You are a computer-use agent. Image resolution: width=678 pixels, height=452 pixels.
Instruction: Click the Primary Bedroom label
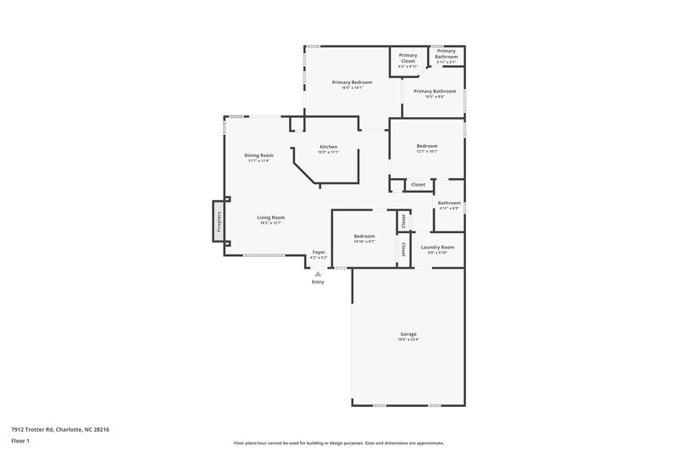[352, 82]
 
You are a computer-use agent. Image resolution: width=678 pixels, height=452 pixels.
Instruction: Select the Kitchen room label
[329, 148]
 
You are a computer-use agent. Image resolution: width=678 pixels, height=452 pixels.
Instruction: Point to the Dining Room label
[258, 155]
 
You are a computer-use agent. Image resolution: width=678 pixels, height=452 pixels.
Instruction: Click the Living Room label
[271, 218]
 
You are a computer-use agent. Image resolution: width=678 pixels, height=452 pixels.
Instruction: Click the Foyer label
[319, 252]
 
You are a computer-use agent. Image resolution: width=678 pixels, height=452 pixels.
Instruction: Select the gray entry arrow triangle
[318, 273]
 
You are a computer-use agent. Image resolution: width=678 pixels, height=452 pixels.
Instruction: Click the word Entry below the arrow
[318, 282]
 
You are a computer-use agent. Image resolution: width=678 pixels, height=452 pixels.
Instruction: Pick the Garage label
[408, 334]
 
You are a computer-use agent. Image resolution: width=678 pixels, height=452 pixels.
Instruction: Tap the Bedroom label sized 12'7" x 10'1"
[427, 147]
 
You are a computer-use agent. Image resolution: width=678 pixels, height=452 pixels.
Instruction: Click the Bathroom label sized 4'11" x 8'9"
[449, 203]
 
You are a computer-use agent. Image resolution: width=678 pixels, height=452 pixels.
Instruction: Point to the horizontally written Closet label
[418, 184]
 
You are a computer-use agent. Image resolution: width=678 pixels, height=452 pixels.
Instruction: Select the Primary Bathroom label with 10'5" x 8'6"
[435, 91]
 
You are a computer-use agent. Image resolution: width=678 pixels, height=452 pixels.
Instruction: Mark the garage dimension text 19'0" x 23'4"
[408, 340]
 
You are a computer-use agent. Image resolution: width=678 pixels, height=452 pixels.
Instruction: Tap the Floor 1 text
[20, 442]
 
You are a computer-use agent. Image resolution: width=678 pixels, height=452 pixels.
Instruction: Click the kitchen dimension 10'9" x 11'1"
[329, 153]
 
